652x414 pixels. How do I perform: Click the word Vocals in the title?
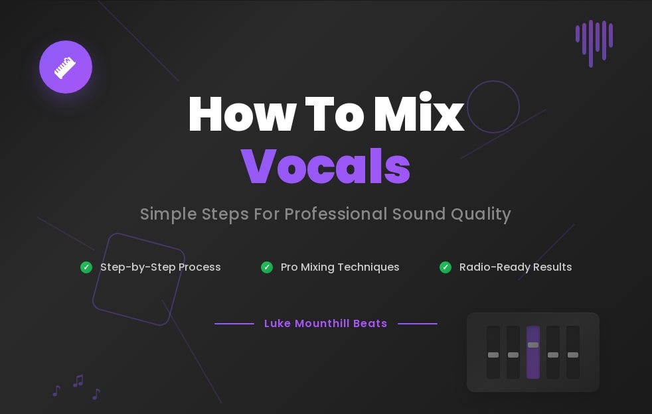click(325, 166)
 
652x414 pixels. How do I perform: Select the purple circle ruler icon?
click(65, 67)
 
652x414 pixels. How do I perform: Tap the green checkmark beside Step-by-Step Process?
click(86, 267)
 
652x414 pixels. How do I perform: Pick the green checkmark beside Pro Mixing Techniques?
click(267, 267)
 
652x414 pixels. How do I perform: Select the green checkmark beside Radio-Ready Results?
click(446, 267)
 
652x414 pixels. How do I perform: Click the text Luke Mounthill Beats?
click(325, 324)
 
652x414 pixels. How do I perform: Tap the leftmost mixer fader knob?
click(493, 355)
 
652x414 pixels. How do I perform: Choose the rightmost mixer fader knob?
click(573, 355)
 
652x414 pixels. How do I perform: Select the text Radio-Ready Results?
click(515, 267)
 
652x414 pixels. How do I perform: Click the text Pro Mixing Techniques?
click(340, 267)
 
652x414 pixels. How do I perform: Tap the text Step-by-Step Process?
click(160, 267)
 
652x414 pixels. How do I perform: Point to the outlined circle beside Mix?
click(493, 107)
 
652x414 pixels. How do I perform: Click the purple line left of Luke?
click(234, 324)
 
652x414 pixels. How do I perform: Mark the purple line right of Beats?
click(417, 324)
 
